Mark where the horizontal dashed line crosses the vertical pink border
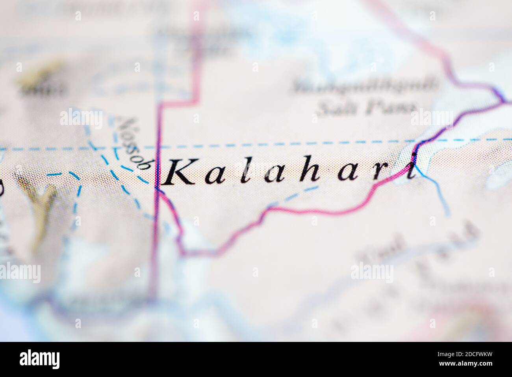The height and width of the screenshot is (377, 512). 159,147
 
